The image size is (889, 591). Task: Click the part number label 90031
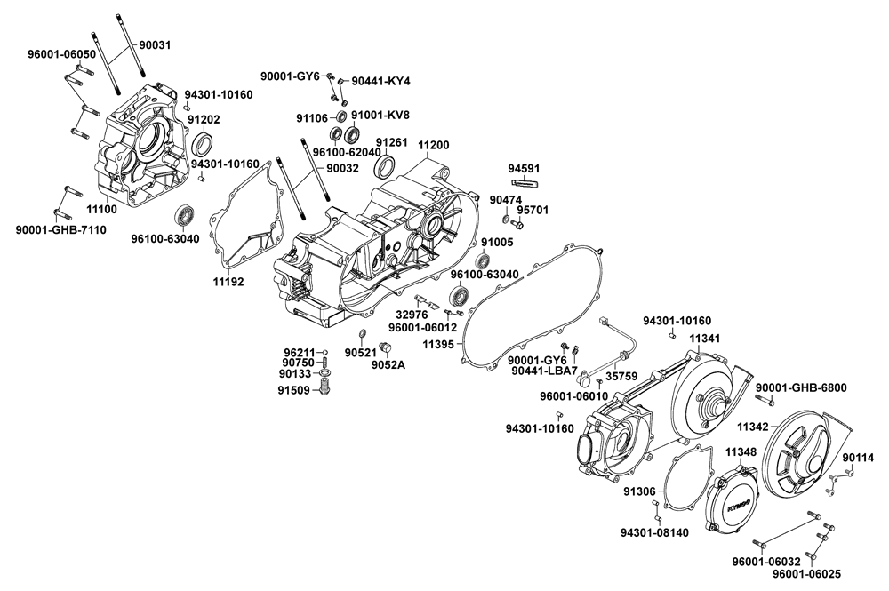coord(157,44)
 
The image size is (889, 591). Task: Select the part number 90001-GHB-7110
coord(60,230)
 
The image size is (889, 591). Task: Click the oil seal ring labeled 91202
coord(204,144)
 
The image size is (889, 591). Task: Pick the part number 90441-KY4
coord(380,81)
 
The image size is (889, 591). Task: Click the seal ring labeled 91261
coord(385,166)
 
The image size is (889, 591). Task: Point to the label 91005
coord(496,242)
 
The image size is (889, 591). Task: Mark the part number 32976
coord(412,314)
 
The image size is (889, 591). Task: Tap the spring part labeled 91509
coord(324,390)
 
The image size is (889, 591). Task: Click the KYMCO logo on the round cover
coord(734,504)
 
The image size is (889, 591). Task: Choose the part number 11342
coord(753,427)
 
